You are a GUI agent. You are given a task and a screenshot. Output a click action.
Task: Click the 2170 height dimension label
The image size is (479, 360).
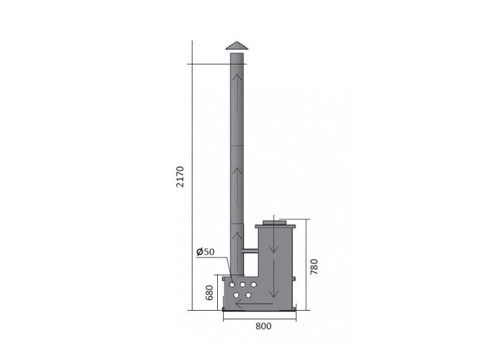181,177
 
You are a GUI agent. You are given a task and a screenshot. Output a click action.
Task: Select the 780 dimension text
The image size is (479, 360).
314,267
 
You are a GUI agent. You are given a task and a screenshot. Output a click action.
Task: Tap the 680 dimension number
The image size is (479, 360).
209,293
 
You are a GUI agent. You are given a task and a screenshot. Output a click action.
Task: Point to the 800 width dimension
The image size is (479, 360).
263,327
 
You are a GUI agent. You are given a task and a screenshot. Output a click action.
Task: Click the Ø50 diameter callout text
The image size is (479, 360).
206,252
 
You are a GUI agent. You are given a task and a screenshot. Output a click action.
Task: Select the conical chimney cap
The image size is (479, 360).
237,45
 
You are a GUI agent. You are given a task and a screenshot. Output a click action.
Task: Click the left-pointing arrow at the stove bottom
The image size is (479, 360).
254,304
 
